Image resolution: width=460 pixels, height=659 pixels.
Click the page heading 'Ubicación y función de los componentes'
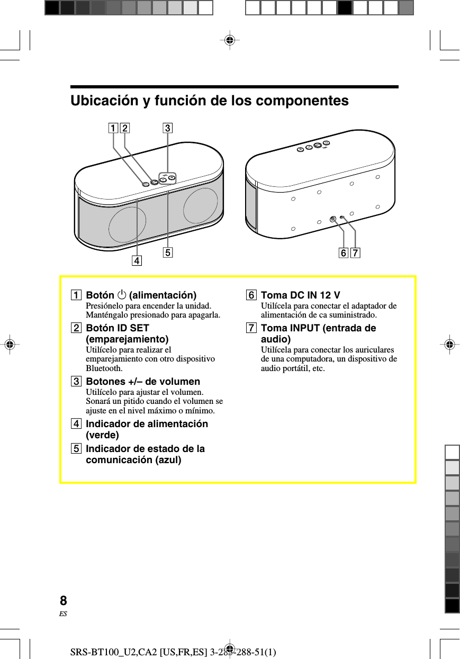[x=210, y=101]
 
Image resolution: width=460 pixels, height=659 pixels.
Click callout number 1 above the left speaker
[x=113, y=128]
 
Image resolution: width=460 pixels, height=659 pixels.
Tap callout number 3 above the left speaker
[x=167, y=128]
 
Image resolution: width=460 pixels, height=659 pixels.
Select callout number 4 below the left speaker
[x=137, y=260]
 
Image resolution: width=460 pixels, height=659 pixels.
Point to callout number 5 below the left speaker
[x=167, y=252]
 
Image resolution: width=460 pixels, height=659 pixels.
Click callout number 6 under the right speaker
[x=344, y=254]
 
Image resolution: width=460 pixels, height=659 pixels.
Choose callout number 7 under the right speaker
[x=355, y=254]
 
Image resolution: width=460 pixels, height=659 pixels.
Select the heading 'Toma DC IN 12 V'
[x=300, y=295]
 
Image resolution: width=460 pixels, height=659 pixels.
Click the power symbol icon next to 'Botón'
[x=122, y=295]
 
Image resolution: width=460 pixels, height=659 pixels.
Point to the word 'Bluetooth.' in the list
[x=104, y=368]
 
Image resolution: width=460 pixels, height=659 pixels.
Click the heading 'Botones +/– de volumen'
[x=143, y=381]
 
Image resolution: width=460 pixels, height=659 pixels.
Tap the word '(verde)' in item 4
[x=102, y=435]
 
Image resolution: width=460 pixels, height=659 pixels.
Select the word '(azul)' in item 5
[x=168, y=460]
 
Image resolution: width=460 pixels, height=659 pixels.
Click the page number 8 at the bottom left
[x=64, y=601]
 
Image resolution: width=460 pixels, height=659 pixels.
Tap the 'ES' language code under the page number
[x=64, y=614]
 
